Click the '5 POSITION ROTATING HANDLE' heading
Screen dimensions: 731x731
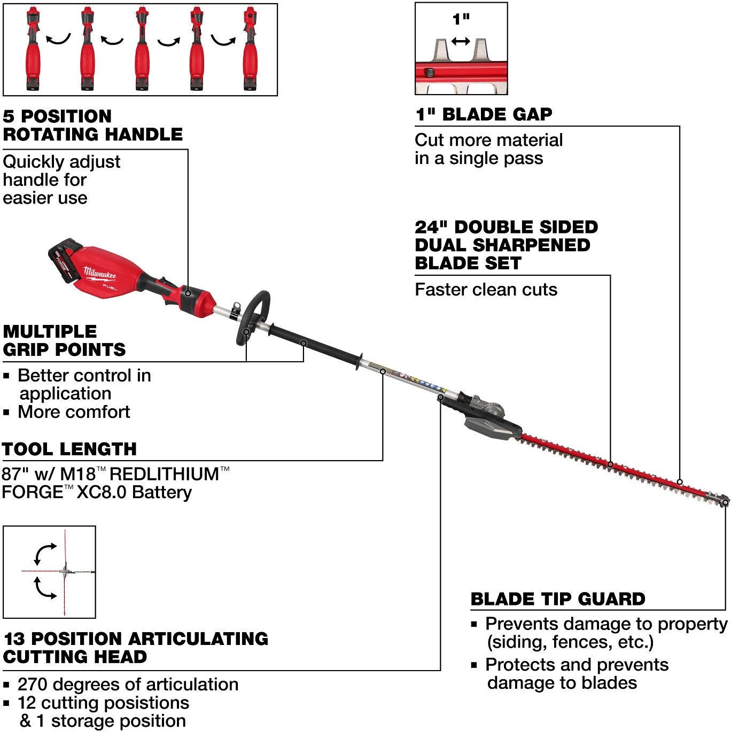coord(92,125)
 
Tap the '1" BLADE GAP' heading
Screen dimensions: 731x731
coord(484,114)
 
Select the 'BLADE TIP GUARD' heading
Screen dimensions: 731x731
coord(558,599)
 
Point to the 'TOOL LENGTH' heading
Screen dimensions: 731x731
coord(69,449)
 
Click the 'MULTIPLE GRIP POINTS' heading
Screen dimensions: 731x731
coord(64,340)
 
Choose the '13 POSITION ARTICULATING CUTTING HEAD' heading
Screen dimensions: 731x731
coord(136,648)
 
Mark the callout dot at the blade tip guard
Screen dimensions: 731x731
coord(725,503)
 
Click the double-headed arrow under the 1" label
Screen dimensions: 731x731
coord(461,41)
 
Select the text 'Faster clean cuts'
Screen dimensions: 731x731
coord(486,290)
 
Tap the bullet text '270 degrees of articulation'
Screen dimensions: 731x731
coord(128,685)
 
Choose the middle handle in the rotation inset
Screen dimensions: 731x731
coord(142,49)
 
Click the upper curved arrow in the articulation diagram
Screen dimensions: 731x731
coord(45,553)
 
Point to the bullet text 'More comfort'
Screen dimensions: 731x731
coord(74,412)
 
